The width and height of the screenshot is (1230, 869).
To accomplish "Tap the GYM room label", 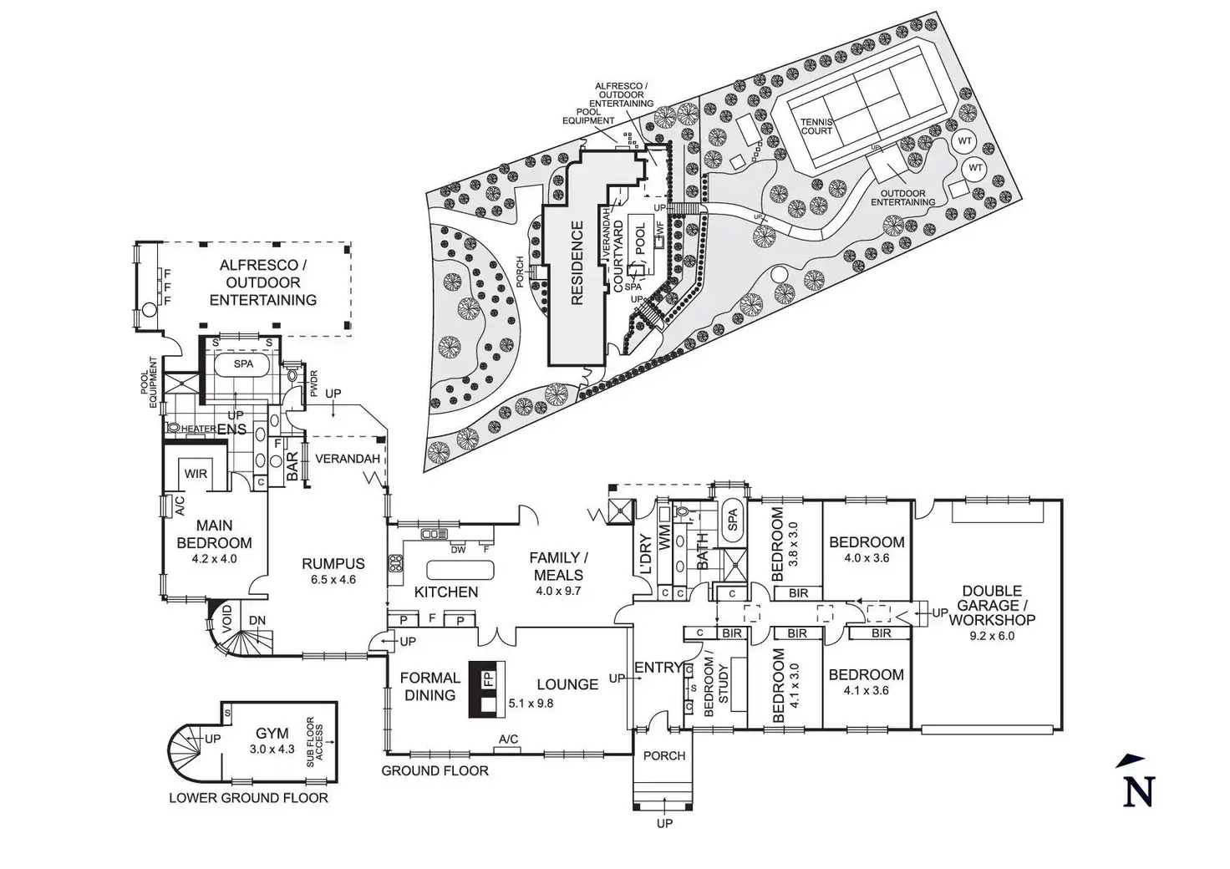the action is [x=272, y=734].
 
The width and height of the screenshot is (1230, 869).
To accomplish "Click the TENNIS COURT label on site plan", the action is [x=816, y=126].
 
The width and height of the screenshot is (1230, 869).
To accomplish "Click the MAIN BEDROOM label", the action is [x=215, y=534].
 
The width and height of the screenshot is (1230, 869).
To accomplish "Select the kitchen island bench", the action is [x=460, y=571].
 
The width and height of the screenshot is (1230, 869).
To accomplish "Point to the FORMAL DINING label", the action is [x=429, y=686].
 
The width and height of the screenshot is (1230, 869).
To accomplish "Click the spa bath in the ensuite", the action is [x=242, y=364].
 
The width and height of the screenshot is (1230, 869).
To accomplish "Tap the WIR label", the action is [x=196, y=474].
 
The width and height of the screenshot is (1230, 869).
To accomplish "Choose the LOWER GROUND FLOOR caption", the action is [x=248, y=798].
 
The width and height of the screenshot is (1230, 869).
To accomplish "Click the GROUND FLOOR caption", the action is [x=435, y=770].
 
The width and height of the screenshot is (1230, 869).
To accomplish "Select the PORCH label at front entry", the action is [x=665, y=755].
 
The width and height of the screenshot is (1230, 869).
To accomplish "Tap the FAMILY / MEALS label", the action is [x=559, y=566].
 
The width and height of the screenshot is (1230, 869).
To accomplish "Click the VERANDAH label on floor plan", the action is [x=348, y=459].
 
